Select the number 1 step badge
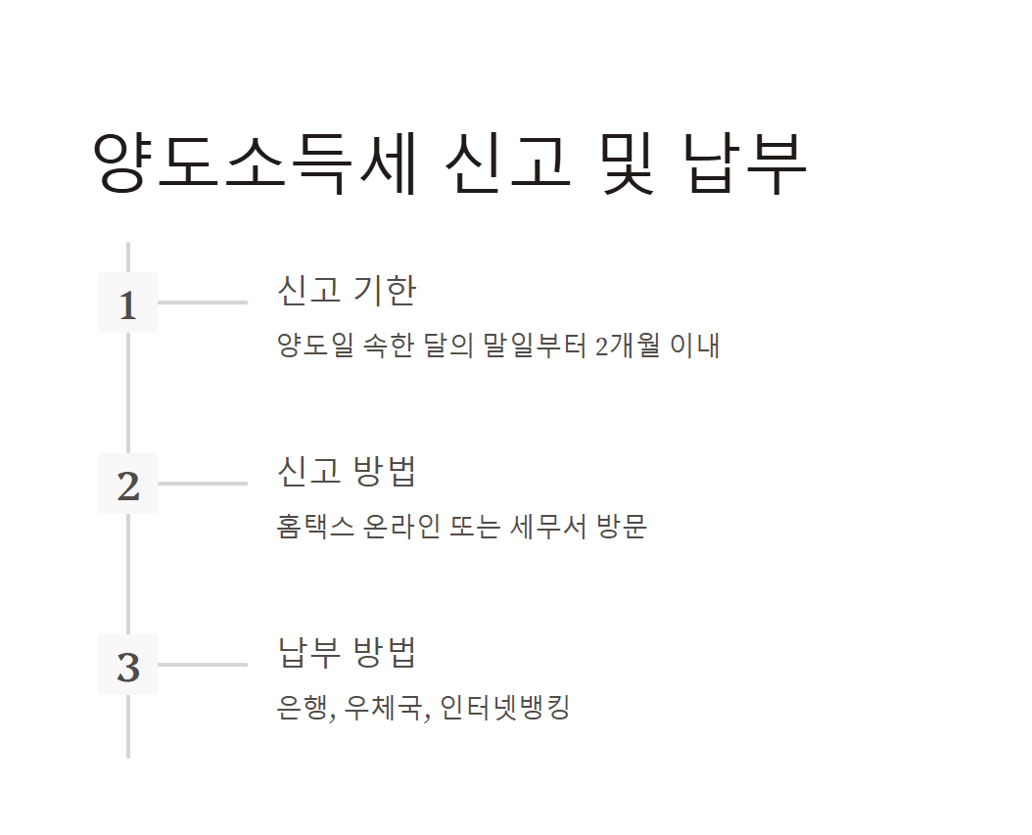click(128, 303)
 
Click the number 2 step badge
click(128, 485)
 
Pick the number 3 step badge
click(128, 666)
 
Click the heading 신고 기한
click(347, 290)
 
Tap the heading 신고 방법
click(347, 471)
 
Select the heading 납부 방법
click(347, 652)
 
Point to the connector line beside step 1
click(202, 302)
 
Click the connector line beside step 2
click(202, 484)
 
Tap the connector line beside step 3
click(202, 665)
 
